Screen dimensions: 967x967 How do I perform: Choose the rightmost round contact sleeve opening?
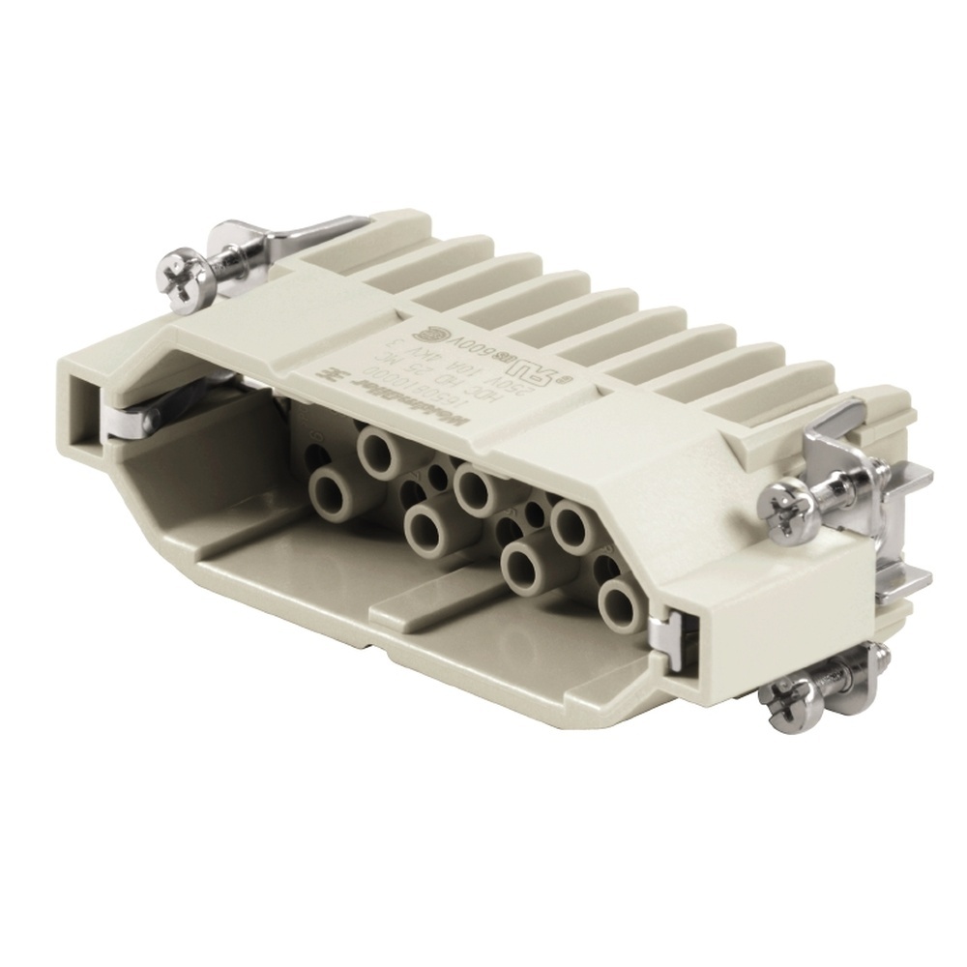tap(618, 604)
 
